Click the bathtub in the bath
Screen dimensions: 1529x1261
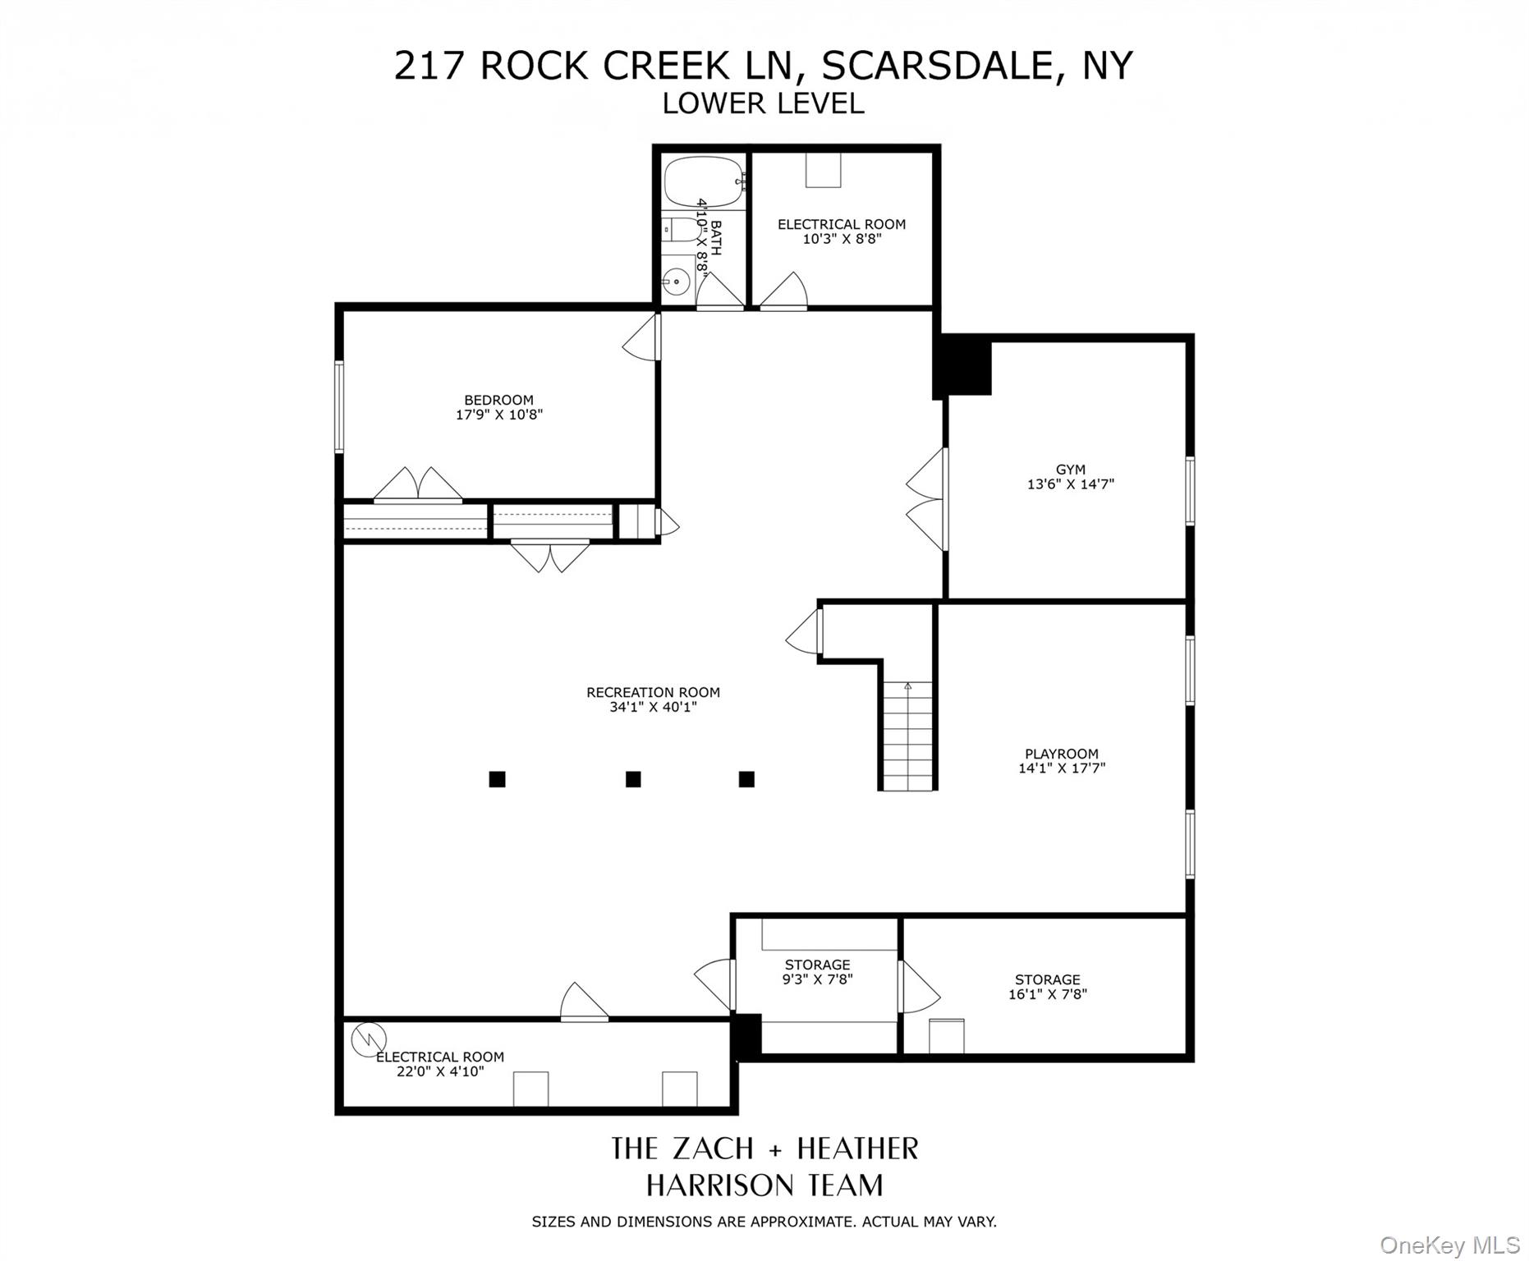point(703,182)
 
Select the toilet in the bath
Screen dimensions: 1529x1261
point(680,231)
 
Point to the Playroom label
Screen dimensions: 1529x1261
point(1061,754)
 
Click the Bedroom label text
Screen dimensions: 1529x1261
point(498,401)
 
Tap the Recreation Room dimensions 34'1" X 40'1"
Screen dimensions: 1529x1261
point(653,707)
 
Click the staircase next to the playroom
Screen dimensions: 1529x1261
point(907,736)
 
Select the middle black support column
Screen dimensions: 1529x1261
point(633,779)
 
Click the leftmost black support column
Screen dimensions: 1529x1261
point(497,779)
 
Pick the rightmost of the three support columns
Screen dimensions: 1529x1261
point(746,779)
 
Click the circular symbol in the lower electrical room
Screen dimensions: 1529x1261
point(369,1039)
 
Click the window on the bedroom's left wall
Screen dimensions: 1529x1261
point(338,406)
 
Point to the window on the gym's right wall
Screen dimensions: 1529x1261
point(1190,491)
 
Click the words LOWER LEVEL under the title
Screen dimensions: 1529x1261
point(764,103)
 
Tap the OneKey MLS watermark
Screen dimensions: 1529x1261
point(1450,1245)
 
